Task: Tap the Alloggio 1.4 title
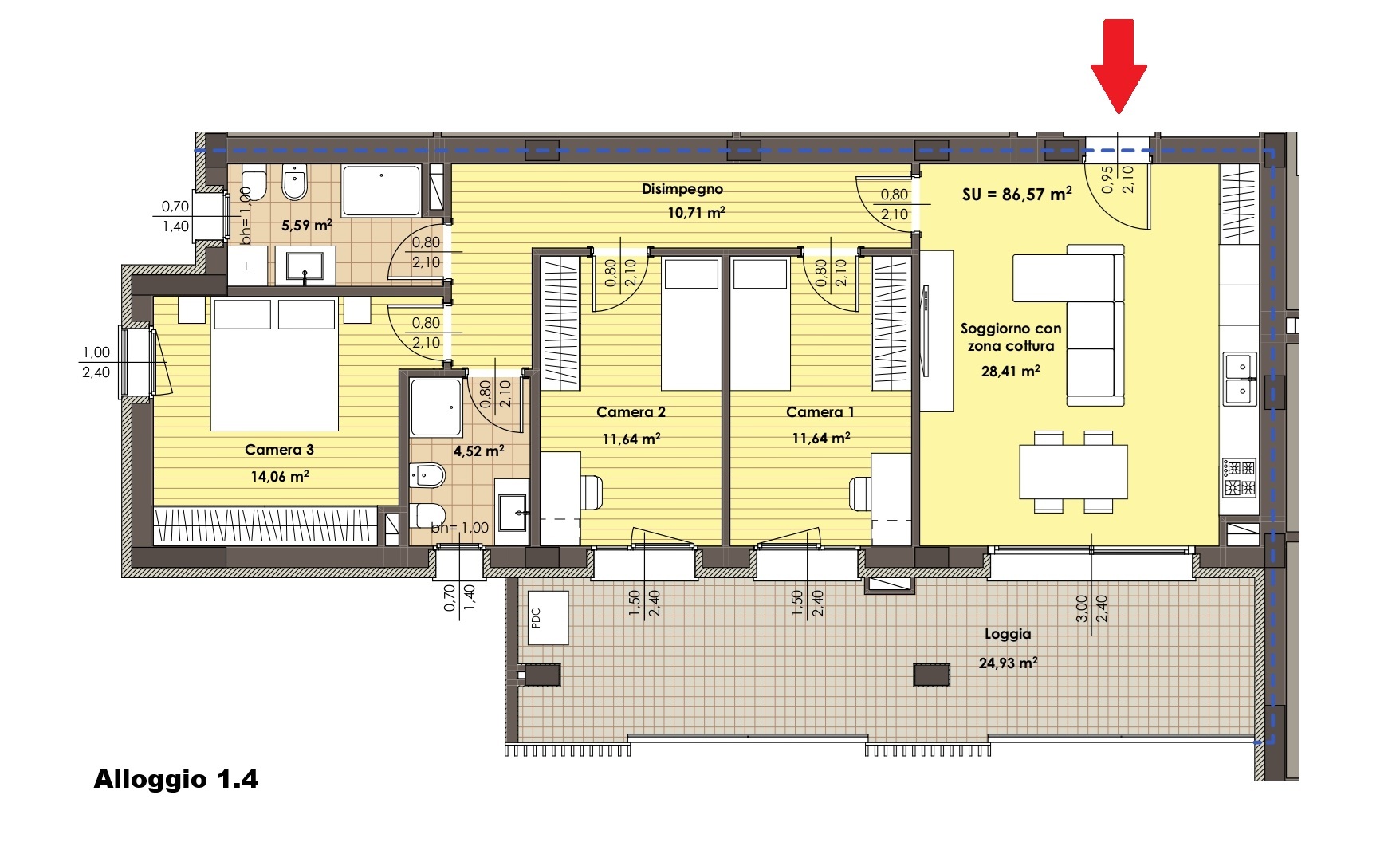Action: (176, 779)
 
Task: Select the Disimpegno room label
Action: (682, 189)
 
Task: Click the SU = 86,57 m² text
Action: (1016, 194)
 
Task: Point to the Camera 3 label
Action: (279, 450)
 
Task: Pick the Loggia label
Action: (1008, 635)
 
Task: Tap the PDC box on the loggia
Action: (548, 617)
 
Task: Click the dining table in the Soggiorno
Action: (1073, 471)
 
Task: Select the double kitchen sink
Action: (1240, 379)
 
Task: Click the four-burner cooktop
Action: (1239, 477)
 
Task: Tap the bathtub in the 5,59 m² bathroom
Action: (381, 190)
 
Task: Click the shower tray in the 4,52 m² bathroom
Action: (436, 407)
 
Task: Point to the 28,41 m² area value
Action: (1010, 371)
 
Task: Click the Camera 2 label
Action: (631, 412)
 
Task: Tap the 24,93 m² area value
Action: (1008, 663)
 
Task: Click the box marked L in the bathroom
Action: (247, 266)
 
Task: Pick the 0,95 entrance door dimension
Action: (1107, 179)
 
